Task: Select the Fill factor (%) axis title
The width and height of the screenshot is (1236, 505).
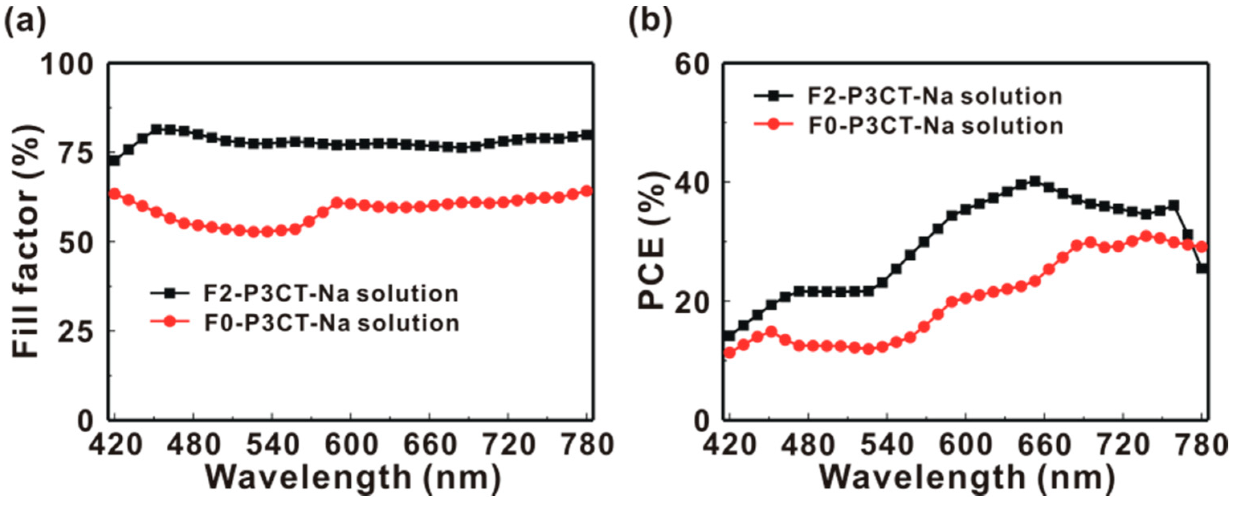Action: (27, 242)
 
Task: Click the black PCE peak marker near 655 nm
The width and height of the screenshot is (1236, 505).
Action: (1035, 181)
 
